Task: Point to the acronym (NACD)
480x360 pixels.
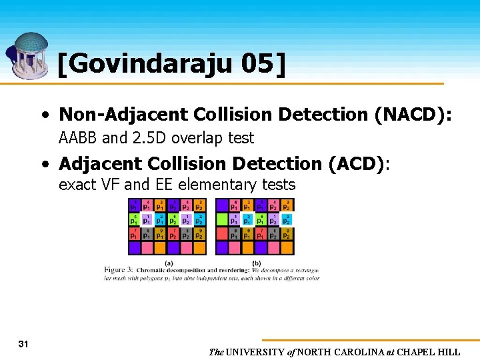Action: pos(413,115)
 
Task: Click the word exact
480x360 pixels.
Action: pos(77,185)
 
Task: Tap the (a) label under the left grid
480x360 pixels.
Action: pos(169,263)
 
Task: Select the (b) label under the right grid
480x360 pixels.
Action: pos(256,263)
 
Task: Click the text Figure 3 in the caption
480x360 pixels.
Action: pos(118,269)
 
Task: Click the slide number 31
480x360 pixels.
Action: pos(23,344)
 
